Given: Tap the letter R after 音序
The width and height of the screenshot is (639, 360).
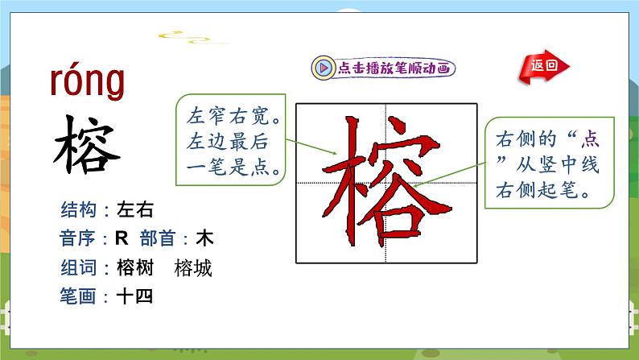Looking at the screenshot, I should pyautogui.click(x=122, y=240).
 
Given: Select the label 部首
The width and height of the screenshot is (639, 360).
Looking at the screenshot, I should pyautogui.click(x=159, y=240).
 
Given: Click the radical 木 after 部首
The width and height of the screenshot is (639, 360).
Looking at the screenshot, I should pyautogui.click(x=204, y=240).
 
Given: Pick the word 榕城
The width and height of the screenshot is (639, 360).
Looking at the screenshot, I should pyautogui.click(x=193, y=269).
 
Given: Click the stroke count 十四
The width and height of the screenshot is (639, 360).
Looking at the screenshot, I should pyautogui.click(x=134, y=297).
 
